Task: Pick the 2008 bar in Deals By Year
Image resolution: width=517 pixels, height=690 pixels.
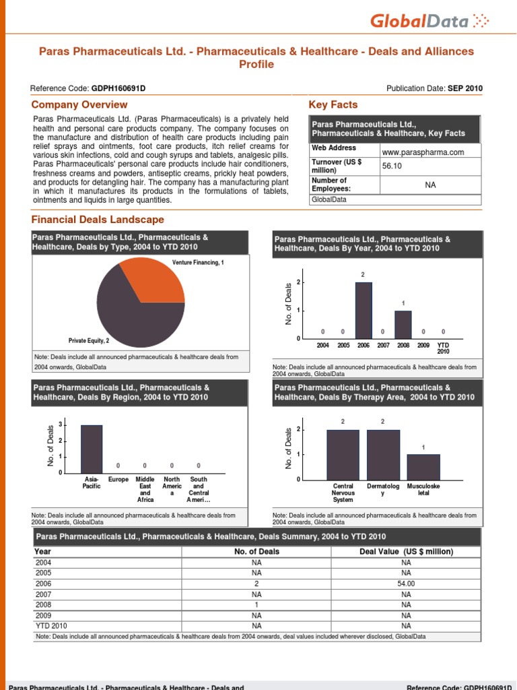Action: coord(403,324)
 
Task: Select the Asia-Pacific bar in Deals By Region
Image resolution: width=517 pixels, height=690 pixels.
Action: coord(92,449)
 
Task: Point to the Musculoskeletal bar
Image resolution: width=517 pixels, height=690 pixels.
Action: coord(423,466)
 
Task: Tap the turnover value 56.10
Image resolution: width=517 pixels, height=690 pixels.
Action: coord(392,166)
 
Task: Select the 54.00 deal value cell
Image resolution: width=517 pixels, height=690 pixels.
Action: coord(406,584)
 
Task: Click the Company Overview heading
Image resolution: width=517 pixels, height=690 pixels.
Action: coord(79,104)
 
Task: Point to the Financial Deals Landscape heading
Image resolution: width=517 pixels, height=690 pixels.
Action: coord(98,220)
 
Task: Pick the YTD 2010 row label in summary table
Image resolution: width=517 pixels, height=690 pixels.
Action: coord(50,626)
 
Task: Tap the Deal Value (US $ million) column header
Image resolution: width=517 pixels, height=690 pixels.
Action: coord(407,551)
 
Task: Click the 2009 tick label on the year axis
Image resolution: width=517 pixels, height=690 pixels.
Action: coord(423,345)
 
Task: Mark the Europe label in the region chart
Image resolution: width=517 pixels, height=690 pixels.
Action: coord(118,480)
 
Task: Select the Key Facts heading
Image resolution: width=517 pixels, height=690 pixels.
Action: coord(333,104)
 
